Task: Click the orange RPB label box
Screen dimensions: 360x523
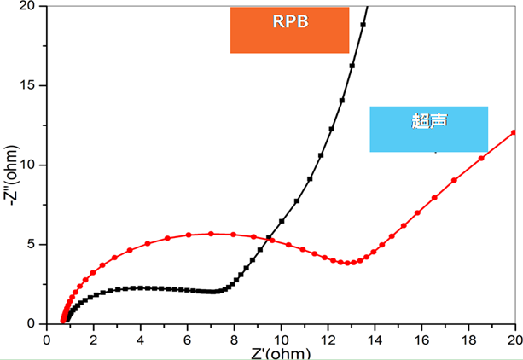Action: coord(289,30)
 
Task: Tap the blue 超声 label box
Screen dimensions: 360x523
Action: coord(428,129)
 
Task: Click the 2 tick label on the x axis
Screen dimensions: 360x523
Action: coord(94,338)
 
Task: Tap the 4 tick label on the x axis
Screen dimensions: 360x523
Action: coord(141,338)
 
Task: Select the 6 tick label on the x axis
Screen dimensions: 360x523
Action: coord(188,338)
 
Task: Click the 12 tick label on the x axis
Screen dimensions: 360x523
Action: coord(328,338)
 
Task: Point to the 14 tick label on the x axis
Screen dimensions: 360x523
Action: coord(375,338)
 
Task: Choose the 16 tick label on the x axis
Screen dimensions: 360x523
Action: coord(421,338)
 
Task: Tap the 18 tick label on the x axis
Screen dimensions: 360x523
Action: coord(468,338)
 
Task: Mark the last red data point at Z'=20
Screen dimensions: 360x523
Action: coord(514,132)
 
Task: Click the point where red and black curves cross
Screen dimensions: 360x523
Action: coord(270,238)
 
